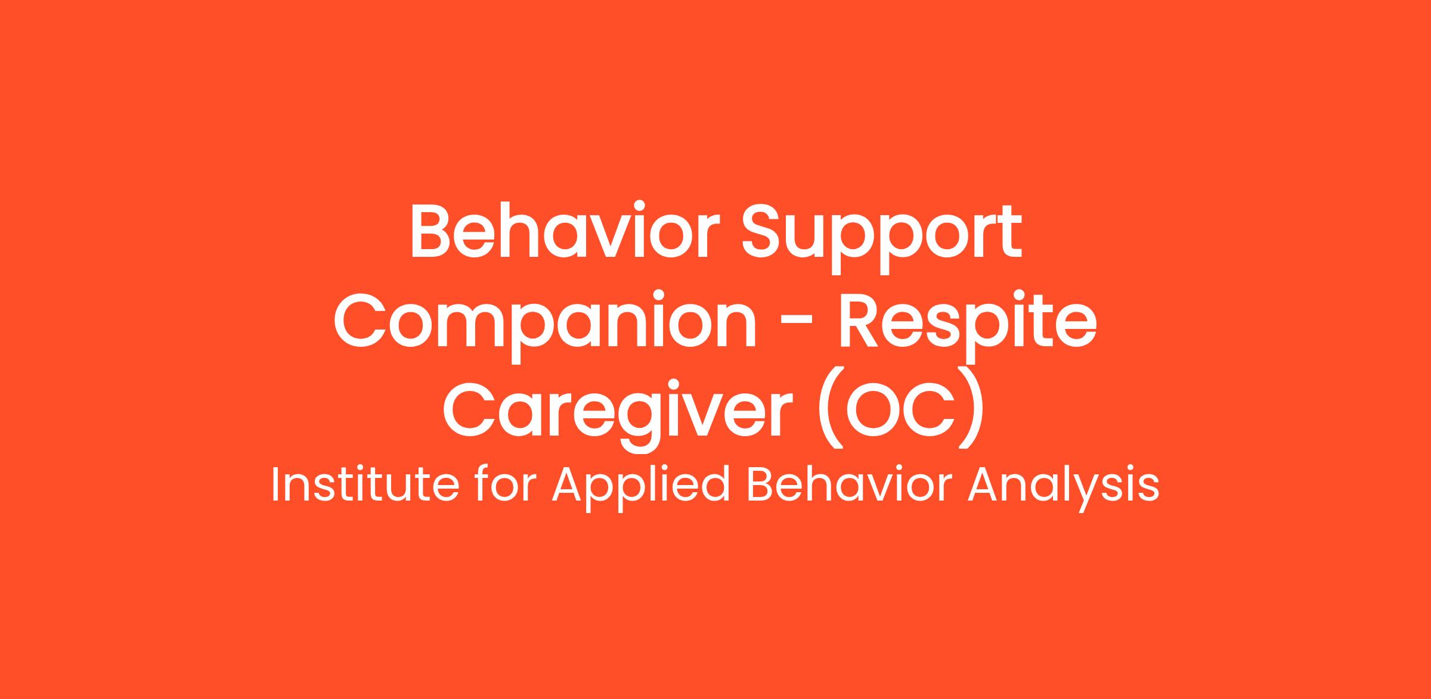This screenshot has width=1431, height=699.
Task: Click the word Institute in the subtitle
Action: (365, 484)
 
